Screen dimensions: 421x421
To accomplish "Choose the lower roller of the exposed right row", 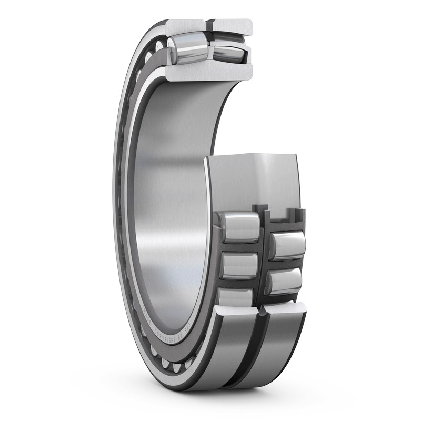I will click(285, 282).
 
